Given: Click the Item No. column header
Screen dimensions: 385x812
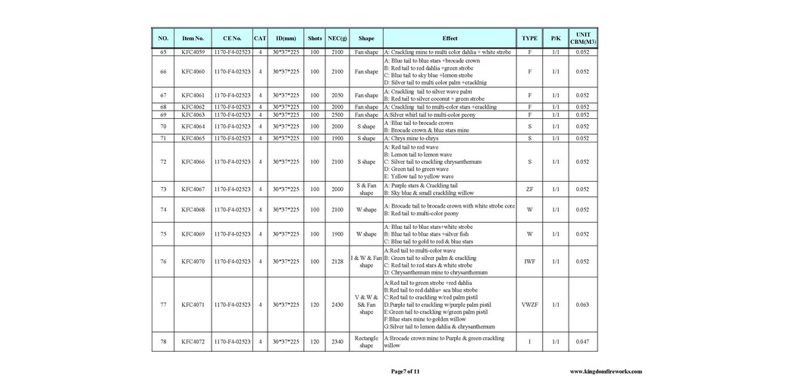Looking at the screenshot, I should pyautogui.click(x=193, y=38).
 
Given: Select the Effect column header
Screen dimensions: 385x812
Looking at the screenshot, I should pyautogui.click(x=450, y=38).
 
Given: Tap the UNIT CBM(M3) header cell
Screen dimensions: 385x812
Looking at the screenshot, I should pyautogui.click(x=582, y=38).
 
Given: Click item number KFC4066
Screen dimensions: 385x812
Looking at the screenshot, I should pyautogui.click(x=193, y=161).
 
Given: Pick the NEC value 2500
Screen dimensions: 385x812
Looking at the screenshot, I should pyautogui.click(x=337, y=114).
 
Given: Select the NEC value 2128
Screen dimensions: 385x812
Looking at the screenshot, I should pyautogui.click(x=337, y=261).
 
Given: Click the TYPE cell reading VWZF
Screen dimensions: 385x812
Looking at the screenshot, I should pyautogui.click(x=529, y=305).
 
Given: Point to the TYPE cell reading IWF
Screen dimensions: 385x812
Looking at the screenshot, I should pyautogui.click(x=529, y=261).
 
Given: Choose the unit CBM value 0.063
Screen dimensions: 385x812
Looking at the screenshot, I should pyautogui.click(x=582, y=305).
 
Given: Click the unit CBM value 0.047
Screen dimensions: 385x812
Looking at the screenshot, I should pyautogui.click(x=582, y=342).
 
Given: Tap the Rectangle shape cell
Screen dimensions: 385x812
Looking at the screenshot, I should pyautogui.click(x=366, y=342).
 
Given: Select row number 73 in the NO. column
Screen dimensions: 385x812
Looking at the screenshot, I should pyautogui.click(x=163, y=189).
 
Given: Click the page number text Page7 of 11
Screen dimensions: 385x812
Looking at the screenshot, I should pyautogui.click(x=404, y=371).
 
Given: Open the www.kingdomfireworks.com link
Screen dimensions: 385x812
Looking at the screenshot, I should pyautogui.click(x=605, y=371).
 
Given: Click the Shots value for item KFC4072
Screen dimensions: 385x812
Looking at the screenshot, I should pyautogui.click(x=315, y=342).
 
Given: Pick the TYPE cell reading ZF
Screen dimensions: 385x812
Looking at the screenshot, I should pyautogui.click(x=529, y=189).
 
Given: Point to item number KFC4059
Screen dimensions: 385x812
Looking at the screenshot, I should pyautogui.click(x=193, y=52).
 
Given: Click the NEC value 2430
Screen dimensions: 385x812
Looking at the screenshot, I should pyautogui.click(x=337, y=305).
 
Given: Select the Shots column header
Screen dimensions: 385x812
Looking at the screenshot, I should pyautogui.click(x=315, y=38).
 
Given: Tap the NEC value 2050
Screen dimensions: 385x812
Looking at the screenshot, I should pyautogui.click(x=337, y=95).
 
